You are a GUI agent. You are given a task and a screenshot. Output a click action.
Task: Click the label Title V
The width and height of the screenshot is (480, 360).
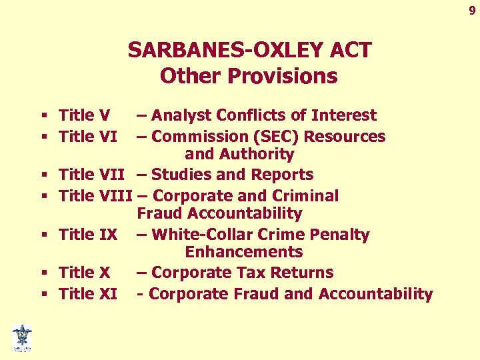point(84,115)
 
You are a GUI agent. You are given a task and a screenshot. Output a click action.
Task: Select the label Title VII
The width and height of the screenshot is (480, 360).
point(93,175)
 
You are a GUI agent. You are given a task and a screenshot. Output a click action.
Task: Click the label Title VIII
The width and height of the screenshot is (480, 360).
point(96,196)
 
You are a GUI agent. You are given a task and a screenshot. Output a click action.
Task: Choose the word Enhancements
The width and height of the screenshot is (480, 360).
point(244,252)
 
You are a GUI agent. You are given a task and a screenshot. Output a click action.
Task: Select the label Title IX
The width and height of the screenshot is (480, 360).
point(88,235)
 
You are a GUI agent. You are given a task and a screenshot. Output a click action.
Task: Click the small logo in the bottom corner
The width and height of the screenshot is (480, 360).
point(22,337)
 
